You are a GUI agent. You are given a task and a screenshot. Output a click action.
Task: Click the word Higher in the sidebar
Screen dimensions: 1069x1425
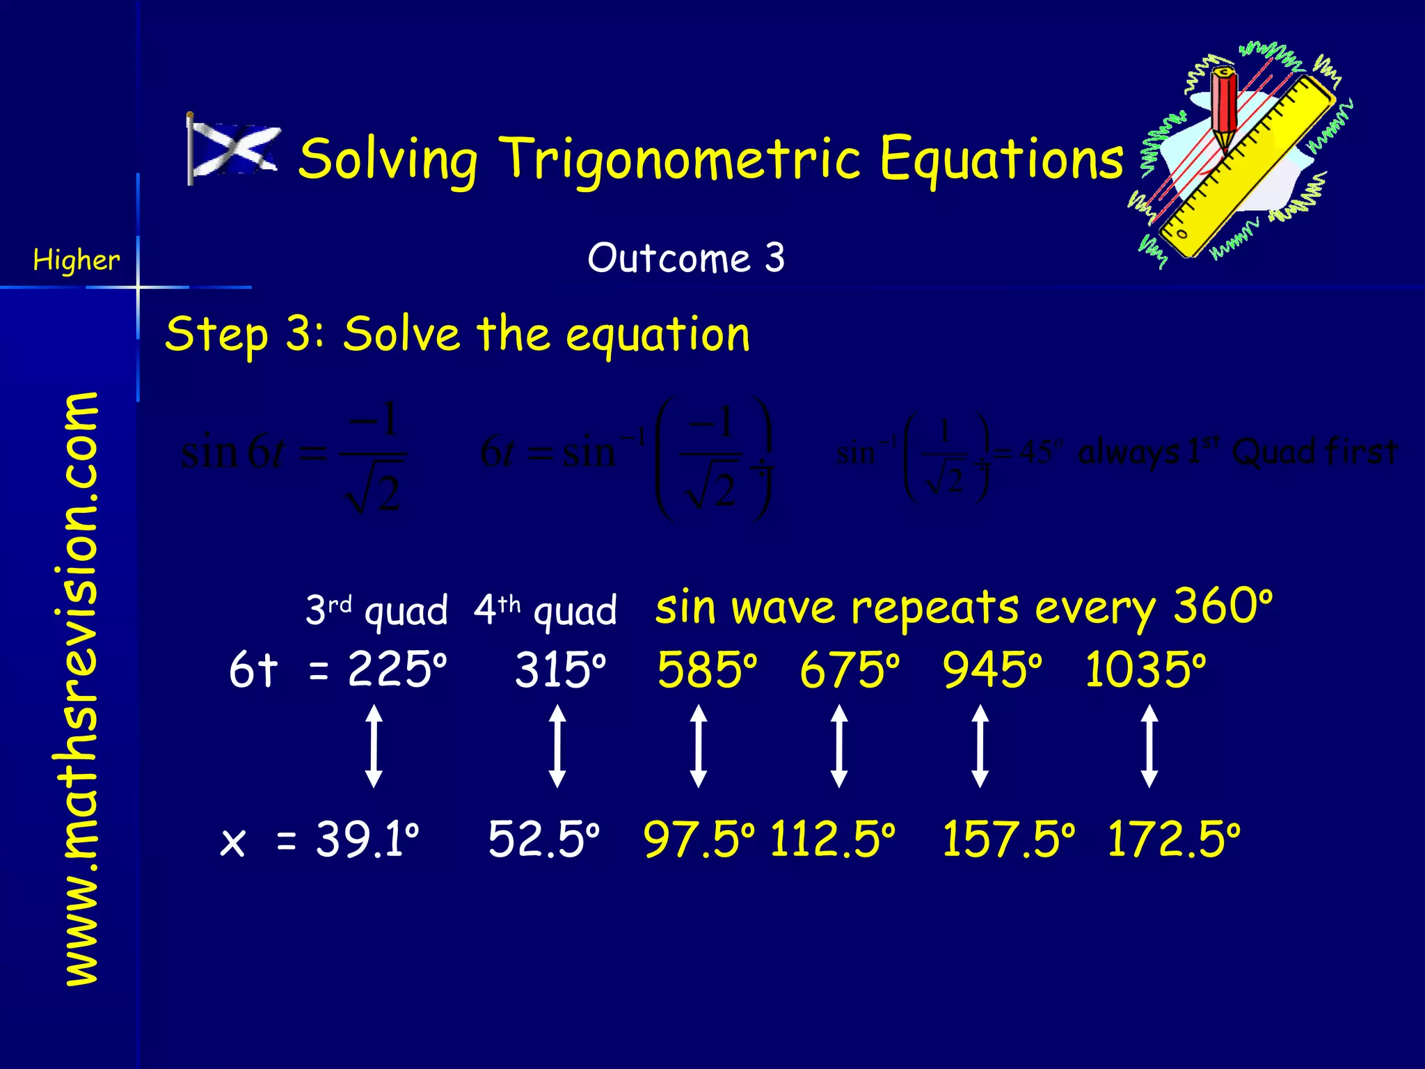pos(77,260)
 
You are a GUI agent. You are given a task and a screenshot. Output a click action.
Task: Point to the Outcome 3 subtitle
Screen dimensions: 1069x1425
pos(686,258)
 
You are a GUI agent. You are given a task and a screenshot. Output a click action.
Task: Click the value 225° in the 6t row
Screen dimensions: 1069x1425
pos(397,670)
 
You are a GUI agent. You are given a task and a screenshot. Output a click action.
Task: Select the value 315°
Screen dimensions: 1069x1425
pos(560,670)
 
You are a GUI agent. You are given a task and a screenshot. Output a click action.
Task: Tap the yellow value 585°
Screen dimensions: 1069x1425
pos(706,670)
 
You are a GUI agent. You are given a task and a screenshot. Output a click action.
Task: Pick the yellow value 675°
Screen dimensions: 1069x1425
pos(849,670)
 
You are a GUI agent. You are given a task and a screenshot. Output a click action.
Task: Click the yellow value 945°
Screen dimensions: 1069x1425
pos(992,670)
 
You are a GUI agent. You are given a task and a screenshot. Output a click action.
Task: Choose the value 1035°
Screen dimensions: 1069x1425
pos(1145,670)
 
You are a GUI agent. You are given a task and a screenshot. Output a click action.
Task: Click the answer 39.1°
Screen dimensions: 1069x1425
pos(367,839)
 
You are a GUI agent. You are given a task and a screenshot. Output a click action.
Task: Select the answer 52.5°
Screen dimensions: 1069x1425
pos(543,839)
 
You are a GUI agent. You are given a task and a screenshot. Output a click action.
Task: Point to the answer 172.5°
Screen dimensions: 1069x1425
pos(1173,839)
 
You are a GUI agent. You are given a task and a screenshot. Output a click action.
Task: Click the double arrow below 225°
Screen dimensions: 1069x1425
pos(374,746)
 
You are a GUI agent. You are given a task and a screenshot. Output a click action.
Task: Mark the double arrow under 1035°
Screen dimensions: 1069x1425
pos(1150,746)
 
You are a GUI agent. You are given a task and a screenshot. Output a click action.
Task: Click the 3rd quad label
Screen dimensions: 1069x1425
pos(376,610)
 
